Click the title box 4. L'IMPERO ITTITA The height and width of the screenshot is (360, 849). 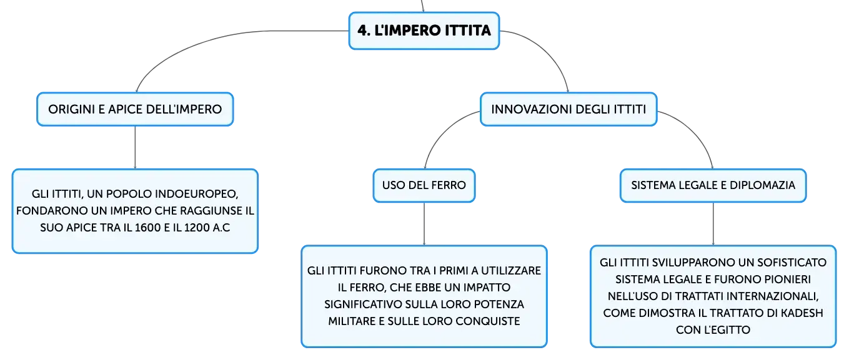[x=424, y=31]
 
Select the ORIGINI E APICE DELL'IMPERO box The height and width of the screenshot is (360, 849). [x=135, y=109]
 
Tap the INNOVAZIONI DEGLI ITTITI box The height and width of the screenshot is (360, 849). [x=568, y=109]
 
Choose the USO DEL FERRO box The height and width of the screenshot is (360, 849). [x=424, y=185]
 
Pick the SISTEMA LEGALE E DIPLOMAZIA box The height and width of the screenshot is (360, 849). [x=713, y=185]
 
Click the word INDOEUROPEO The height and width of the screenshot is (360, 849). [x=196, y=194]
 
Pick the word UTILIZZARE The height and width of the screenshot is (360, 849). [x=511, y=271]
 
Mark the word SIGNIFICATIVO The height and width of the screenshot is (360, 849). [x=363, y=304]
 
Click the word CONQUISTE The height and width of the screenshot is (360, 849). [x=487, y=321]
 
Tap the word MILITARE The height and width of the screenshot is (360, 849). [x=352, y=321]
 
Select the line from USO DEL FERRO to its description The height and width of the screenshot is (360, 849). [x=424, y=224]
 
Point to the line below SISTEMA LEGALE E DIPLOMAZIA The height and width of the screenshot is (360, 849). [x=713, y=224]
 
